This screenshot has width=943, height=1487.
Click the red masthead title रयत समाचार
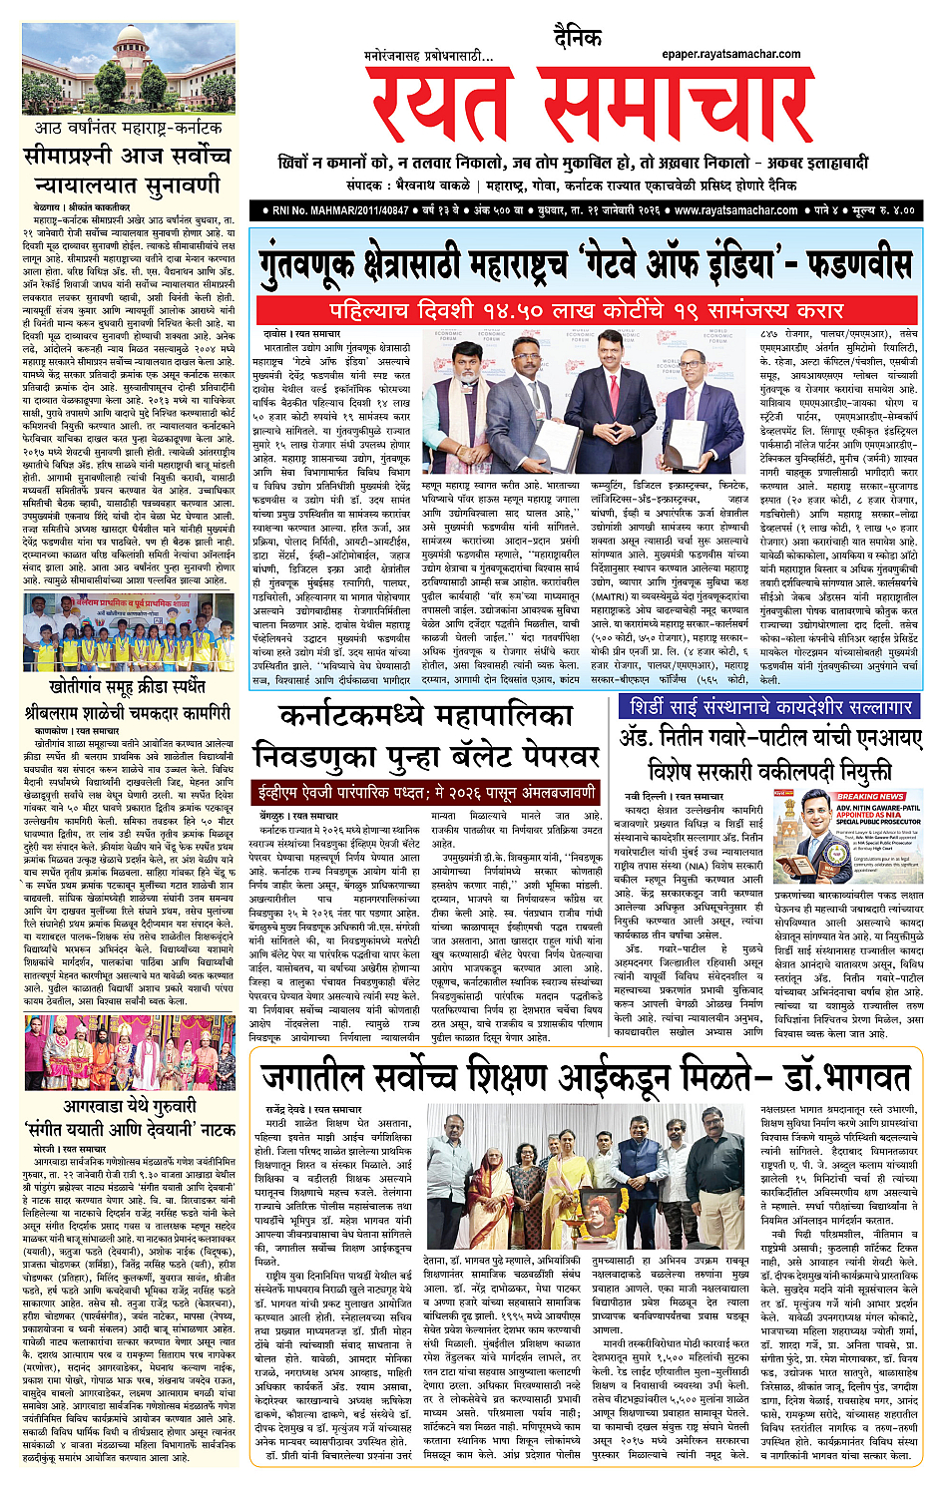pyautogui.click(x=589, y=106)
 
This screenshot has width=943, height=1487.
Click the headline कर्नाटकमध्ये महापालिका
pyautogui.click(x=425, y=715)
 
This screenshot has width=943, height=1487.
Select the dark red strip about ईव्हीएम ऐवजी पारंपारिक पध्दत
pyautogui.click(x=425, y=794)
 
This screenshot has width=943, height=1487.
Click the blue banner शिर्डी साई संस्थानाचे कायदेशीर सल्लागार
pyautogui.click(x=765, y=707)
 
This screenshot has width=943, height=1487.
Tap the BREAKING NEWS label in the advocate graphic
pyautogui.click(x=870, y=797)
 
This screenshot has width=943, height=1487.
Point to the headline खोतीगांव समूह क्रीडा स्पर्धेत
pyautogui.click(x=127, y=686)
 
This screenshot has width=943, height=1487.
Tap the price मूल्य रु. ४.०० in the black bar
pyautogui.click(x=877, y=210)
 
